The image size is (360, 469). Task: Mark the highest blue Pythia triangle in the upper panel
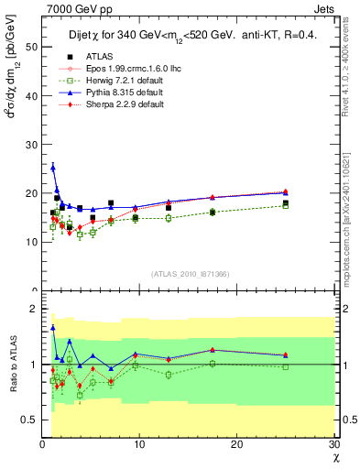pos(53,167)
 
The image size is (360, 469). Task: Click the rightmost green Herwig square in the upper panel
pos(286,206)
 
